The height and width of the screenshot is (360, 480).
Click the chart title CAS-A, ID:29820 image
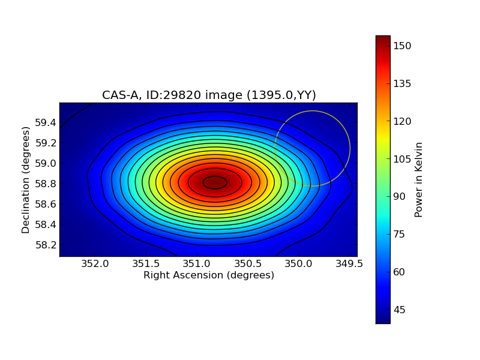209,95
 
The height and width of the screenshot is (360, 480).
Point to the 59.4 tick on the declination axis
46,123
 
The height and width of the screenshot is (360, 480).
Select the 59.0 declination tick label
46,163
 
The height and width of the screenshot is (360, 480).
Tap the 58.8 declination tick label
46,184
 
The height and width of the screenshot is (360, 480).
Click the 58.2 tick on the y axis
46,245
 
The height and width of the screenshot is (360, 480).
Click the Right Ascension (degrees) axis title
209,275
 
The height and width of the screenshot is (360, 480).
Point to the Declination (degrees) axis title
26,180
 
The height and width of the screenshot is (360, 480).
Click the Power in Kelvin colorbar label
419,179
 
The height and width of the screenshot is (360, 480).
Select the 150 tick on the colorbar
403,46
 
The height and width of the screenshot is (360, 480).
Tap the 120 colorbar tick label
403,121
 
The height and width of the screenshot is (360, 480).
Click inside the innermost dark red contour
215,182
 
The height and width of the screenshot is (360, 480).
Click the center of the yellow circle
312,148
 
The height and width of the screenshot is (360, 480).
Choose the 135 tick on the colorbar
403,83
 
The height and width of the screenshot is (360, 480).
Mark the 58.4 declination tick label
46,224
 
